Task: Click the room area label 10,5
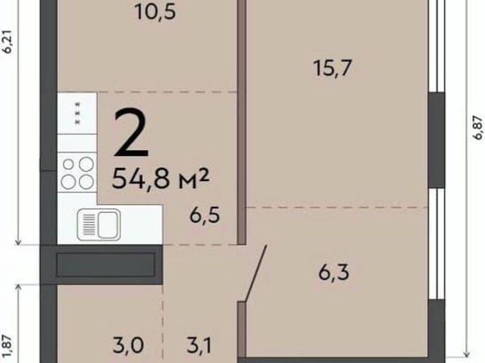tap(155, 12)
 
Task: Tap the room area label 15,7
tap(333, 68)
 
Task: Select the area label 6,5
tap(205, 215)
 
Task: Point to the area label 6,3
tap(333, 272)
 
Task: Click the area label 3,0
tap(128, 346)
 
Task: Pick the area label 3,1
tap(199, 346)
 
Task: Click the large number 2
tap(131, 133)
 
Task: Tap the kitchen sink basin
tap(108, 224)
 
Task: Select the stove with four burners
tap(77, 173)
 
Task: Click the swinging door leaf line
tap(256, 273)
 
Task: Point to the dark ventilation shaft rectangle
tap(106, 264)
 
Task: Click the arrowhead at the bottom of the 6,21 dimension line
tap(18, 242)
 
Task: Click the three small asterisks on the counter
tap(77, 113)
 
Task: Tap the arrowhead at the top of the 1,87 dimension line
tap(18, 288)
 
